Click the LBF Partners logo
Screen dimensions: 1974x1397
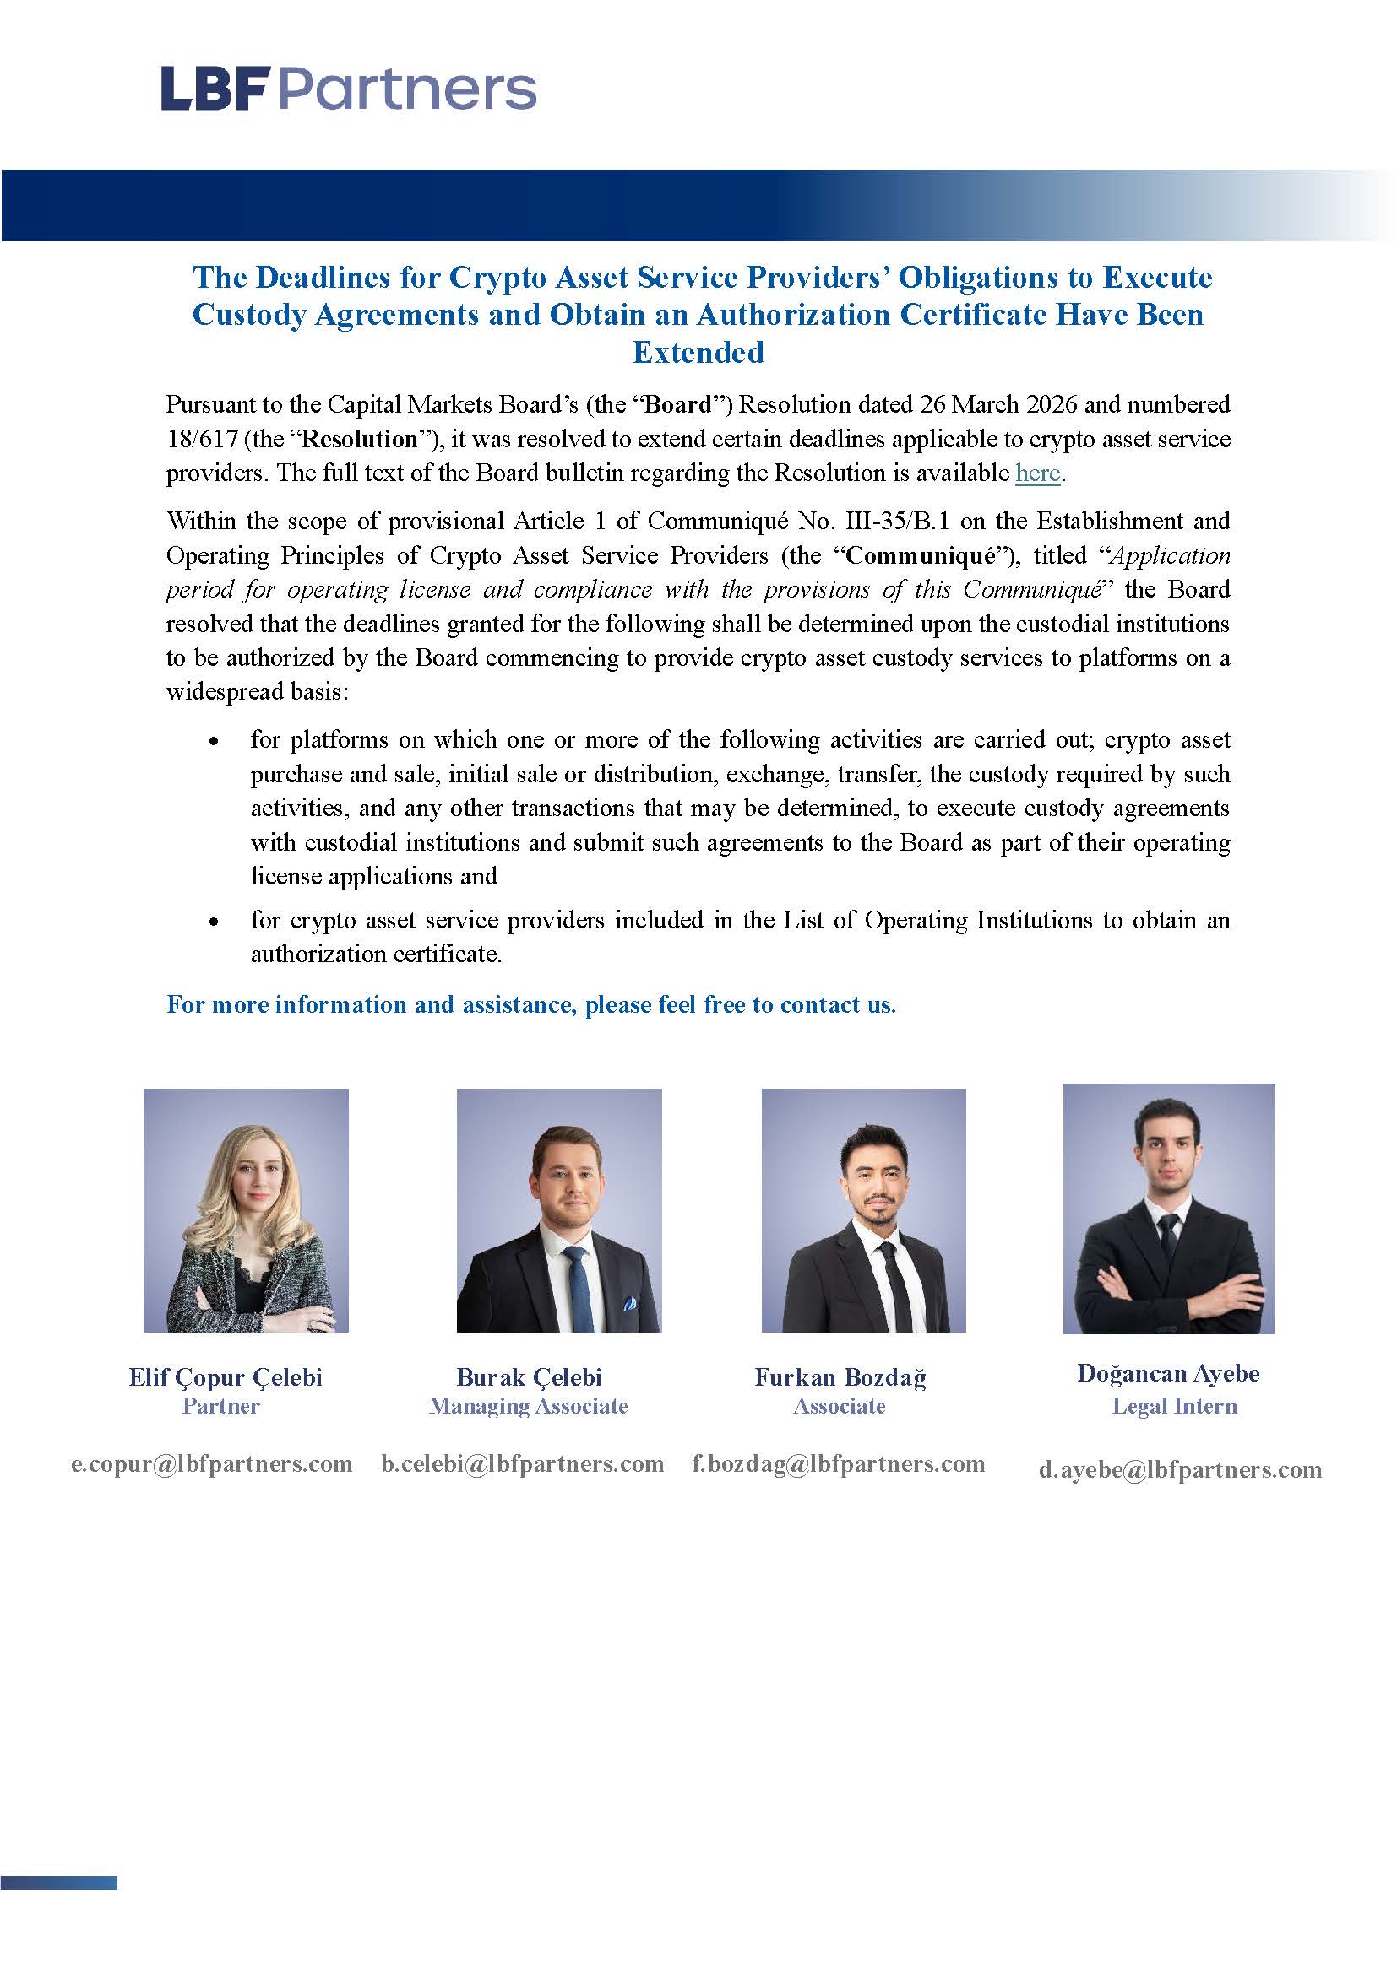(x=348, y=89)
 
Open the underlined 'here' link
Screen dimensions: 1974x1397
(x=1036, y=473)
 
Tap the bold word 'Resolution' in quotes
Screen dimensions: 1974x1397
(x=361, y=439)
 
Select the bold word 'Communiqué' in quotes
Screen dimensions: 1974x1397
(x=921, y=555)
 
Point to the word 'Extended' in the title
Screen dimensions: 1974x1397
(x=698, y=352)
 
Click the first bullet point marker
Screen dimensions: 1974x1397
(x=214, y=741)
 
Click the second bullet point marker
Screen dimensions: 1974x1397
(x=214, y=922)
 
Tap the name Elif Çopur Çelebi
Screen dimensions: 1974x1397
(x=226, y=1376)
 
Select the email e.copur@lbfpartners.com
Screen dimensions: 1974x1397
(x=212, y=1463)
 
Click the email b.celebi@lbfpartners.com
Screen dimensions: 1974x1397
(x=523, y=1463)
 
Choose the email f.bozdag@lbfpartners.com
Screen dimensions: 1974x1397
(x=839, y=1463)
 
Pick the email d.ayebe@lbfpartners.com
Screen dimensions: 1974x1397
(x=1180, y=1469)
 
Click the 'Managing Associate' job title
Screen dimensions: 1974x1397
(x=528, y=1406)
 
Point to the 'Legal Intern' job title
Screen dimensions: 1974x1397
(x=1174, y=1406)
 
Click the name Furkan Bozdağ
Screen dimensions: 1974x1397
(x=840, y=1376)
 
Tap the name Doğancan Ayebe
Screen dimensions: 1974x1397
(x=1168, y=1373)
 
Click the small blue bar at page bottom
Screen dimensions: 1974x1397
(x=58, y=1883)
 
